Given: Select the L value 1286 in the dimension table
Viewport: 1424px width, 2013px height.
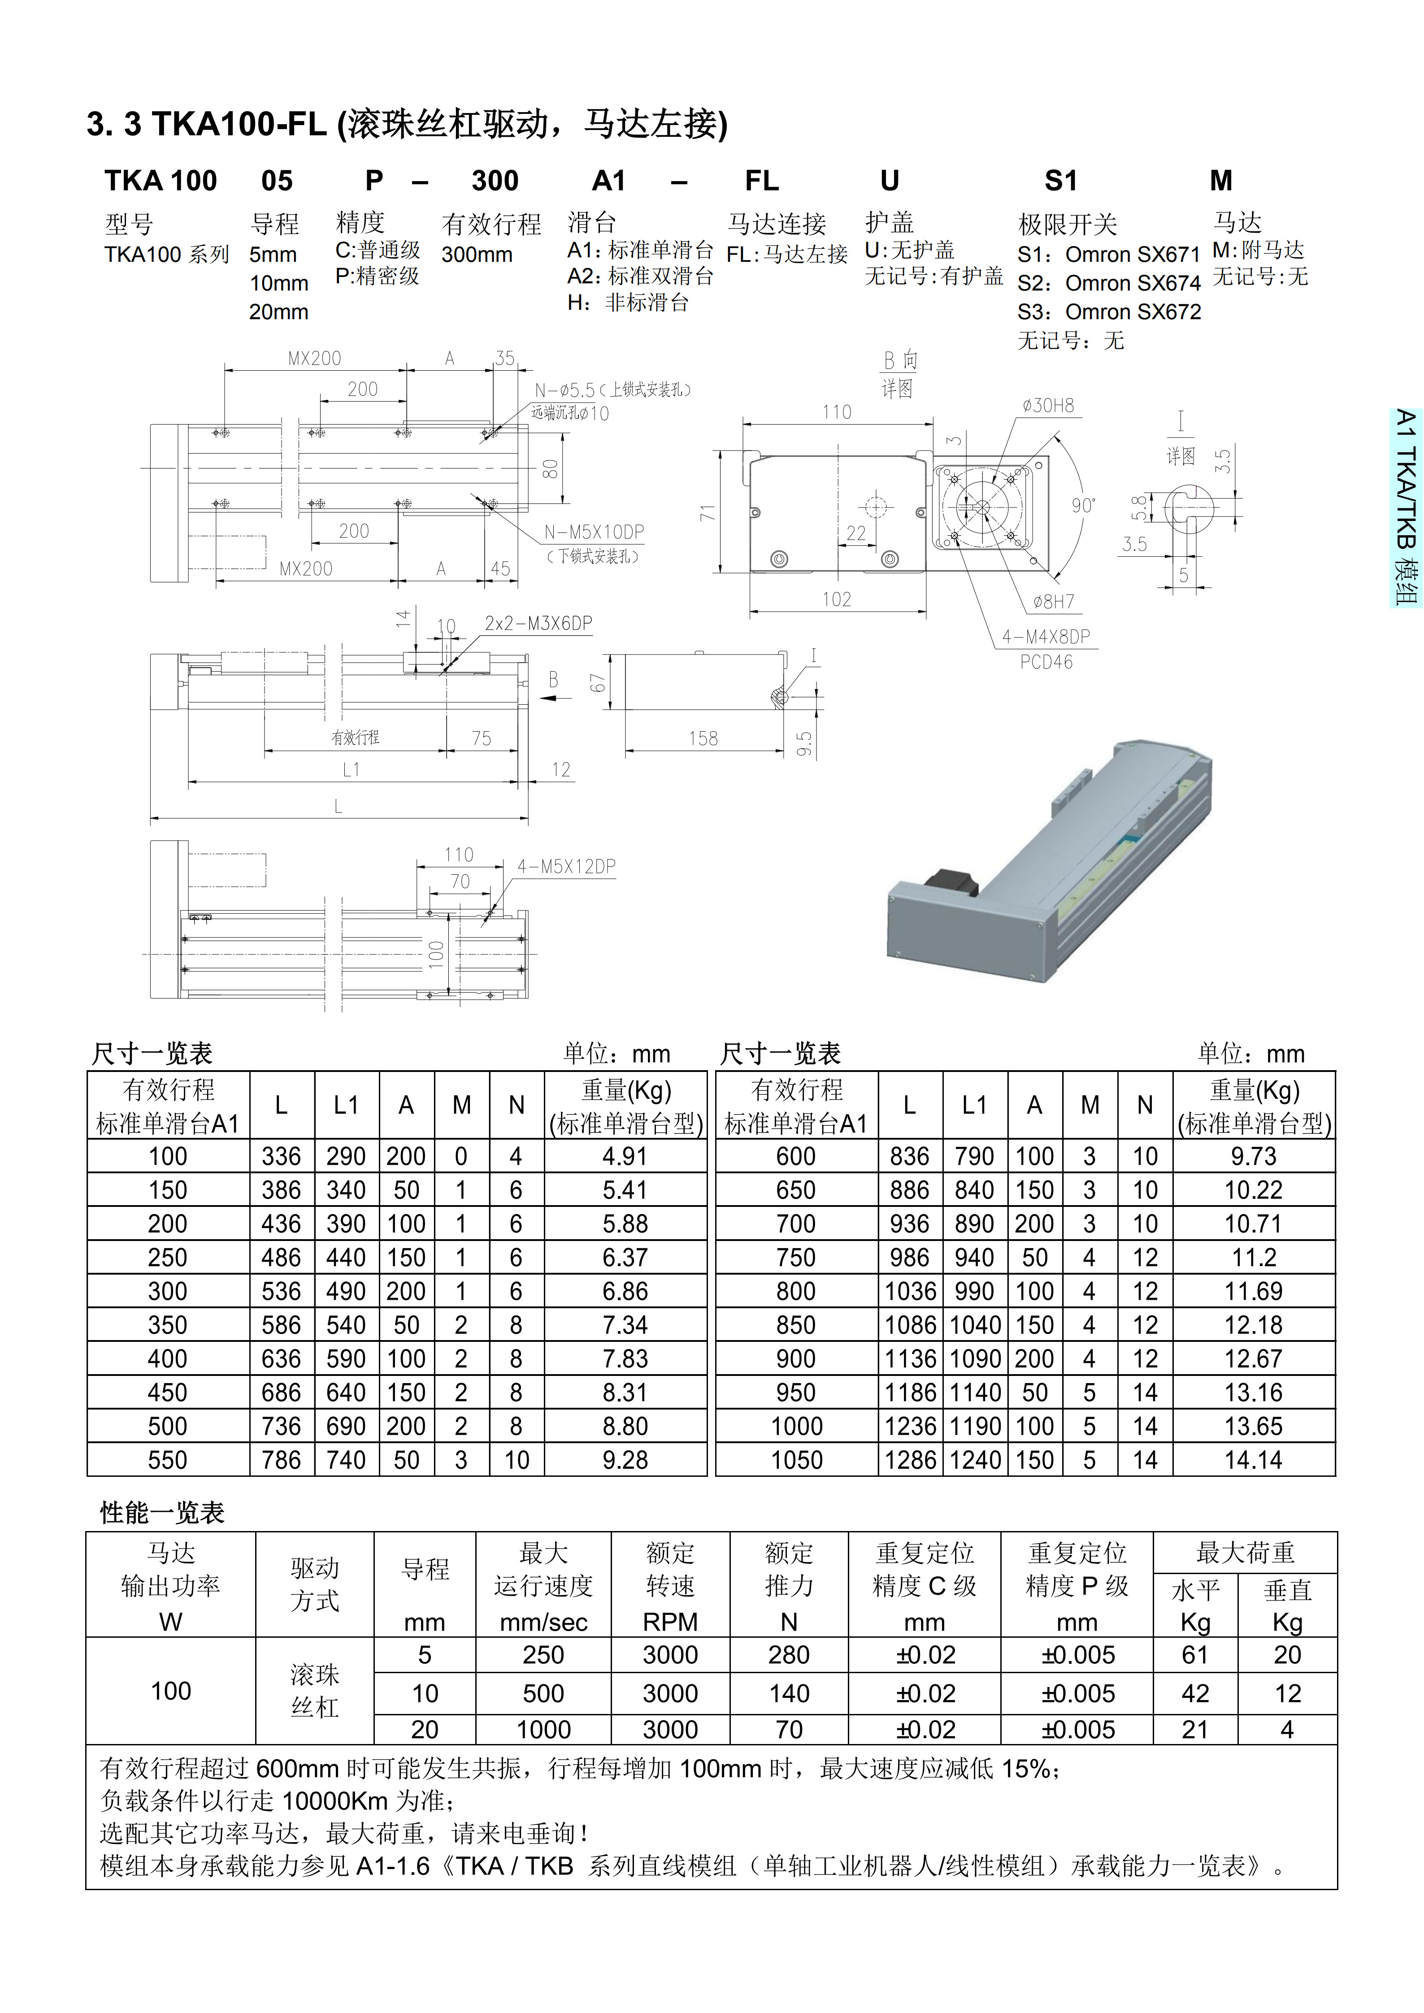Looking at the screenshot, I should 909,1460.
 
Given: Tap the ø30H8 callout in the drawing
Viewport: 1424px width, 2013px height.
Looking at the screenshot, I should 1048,406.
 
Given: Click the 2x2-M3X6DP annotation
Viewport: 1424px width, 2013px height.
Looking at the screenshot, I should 538,623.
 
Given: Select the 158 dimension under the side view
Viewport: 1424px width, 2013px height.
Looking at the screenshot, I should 703,738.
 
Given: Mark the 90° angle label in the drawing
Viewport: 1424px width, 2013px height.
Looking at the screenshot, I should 1083,506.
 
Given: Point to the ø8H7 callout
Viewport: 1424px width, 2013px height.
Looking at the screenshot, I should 1053,602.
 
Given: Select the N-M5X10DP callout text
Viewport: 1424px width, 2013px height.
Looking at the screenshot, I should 594,532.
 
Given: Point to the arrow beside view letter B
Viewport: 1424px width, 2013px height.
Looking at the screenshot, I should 549,698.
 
